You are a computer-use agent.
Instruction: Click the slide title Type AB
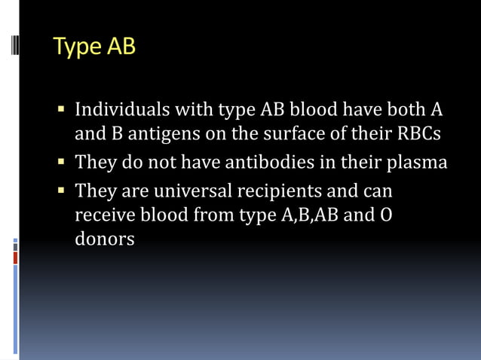point(94,47)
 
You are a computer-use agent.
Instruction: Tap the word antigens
point(153,136)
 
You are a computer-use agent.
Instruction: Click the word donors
point(105,240)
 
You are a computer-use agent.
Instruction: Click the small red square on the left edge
point(15,258)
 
